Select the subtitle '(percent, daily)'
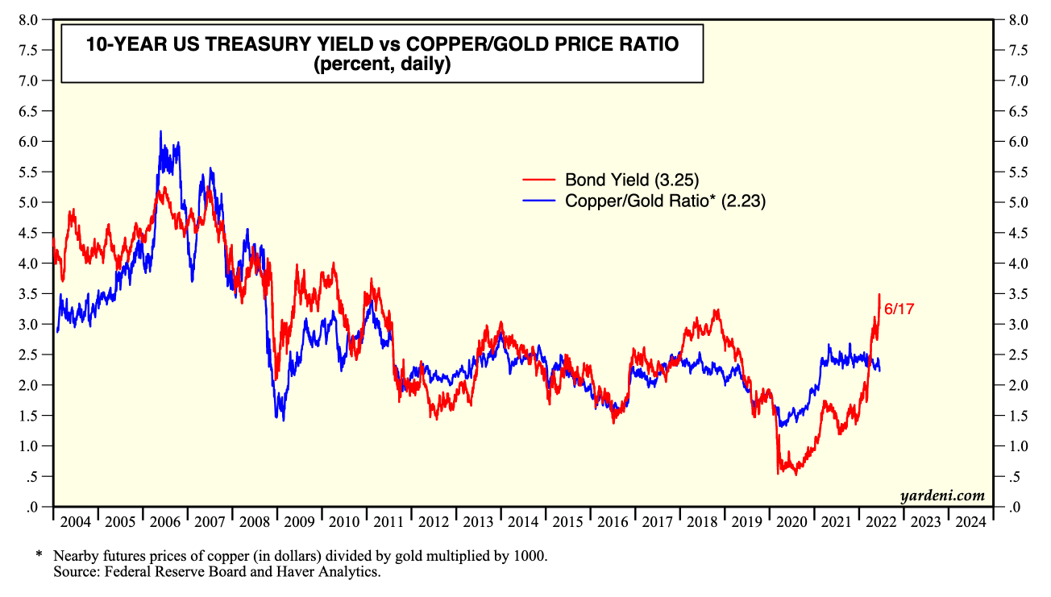click(x=382, y=64)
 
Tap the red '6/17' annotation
click(x=899, y=309)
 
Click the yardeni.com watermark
click(x=943, y=495)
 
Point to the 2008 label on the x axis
click(x=254, y=522)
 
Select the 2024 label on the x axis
click(x=970, y=522)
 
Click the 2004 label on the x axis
click(x=75, y=522)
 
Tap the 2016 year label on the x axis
click(x=612, y=522)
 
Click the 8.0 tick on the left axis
click(x=29, y=20)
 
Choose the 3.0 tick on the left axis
click(x=29, y=324)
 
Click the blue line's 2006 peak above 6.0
click(x=160, y=131)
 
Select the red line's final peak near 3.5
click(x=879, y=295)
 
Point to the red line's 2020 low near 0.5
click(x=778, y=473)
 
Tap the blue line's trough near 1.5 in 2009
click(x=283, y=419)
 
